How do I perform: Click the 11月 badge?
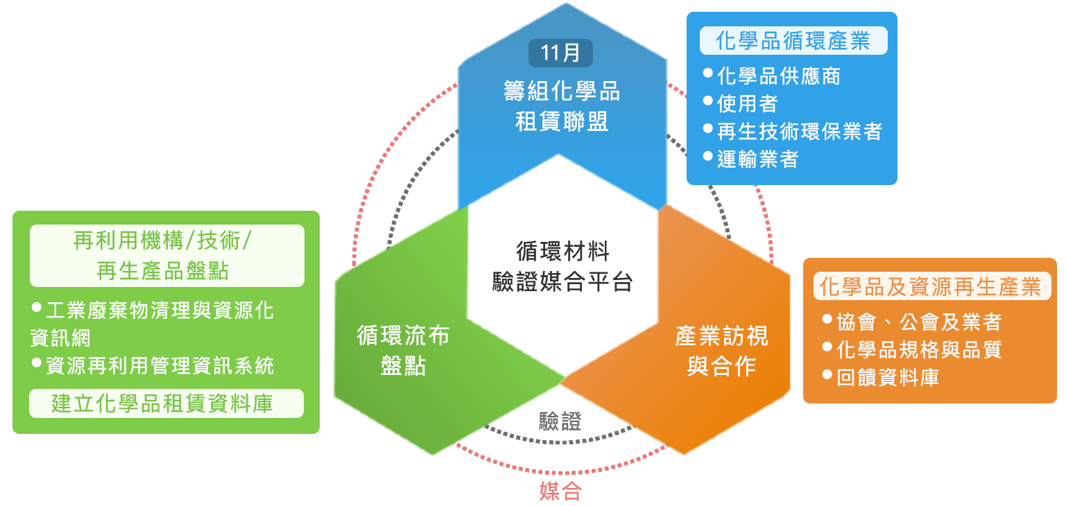click(x=560, y=53)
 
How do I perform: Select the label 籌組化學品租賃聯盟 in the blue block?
click(x=561, y=106)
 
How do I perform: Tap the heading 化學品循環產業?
click(x=792, y=41)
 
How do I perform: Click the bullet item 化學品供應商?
click(x=778, y=76)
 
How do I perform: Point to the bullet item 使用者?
click(x=747, y=103)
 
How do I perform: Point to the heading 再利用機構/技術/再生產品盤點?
click(x=166, y=255)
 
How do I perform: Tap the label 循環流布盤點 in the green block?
click(x=403, y=350)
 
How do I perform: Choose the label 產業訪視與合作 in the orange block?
click(x=721, y=351)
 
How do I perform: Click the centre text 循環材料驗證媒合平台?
click(x=562, y=266)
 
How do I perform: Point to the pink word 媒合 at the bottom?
click(x=560, y=491)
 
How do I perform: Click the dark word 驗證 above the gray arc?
click(x=560, y=421)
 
